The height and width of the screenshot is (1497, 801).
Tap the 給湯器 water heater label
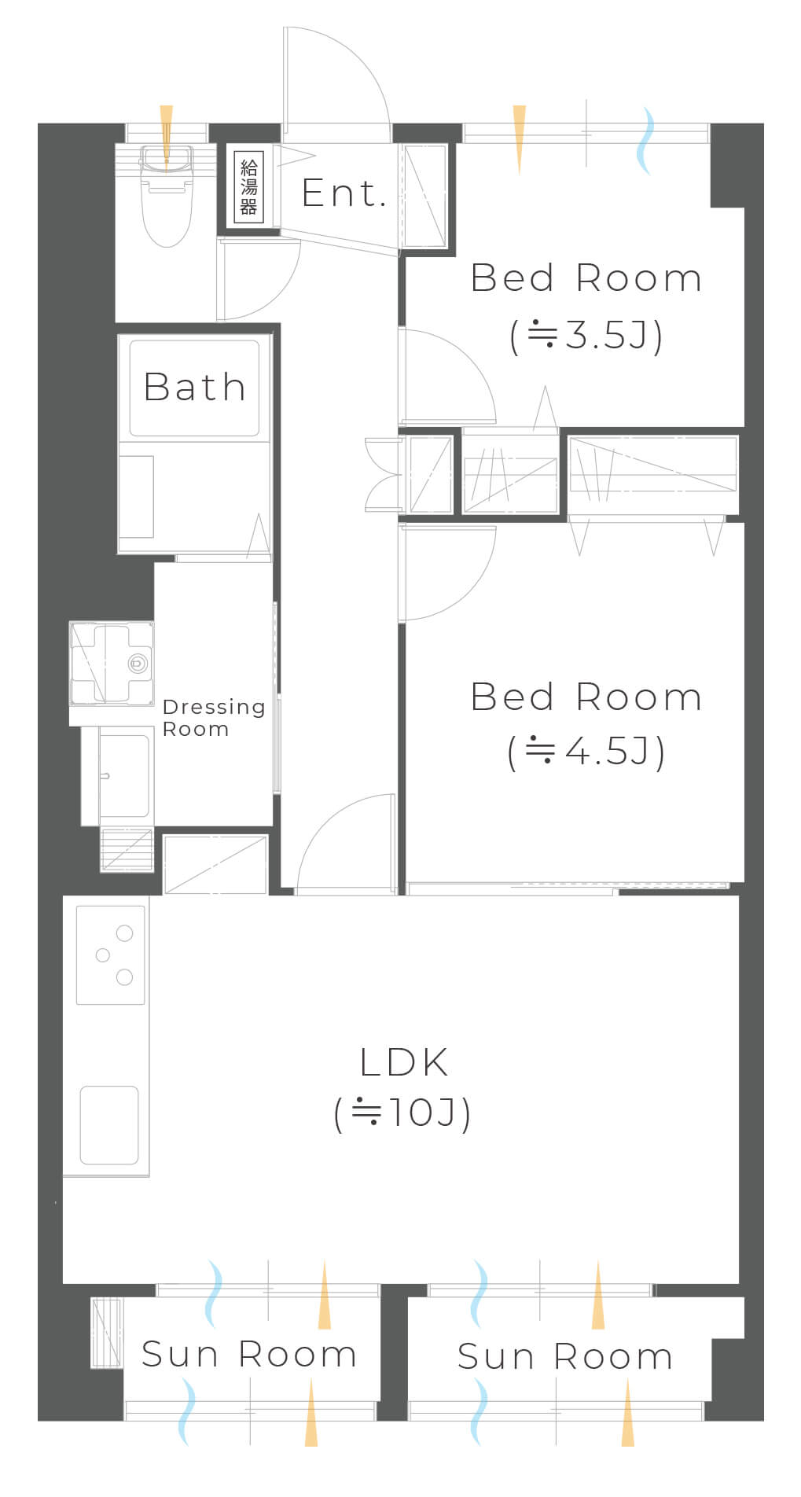click(x=249, y=187)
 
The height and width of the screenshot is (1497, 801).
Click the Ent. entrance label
click(x=344, y=193)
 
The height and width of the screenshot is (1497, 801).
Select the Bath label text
click(x=195, y=387)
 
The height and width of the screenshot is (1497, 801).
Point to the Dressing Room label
click(x=214, y=718)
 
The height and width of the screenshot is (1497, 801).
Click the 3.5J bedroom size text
click(x=586, y=336)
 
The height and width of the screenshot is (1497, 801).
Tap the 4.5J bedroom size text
click(x=586, y=752)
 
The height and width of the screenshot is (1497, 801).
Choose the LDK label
click(x=404, y=1062)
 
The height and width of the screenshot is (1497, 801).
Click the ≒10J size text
click(x=402, y=1113)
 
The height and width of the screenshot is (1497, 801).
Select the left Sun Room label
click(x=249, y=1354)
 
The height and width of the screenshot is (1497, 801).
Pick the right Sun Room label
click(x=565, y=1356)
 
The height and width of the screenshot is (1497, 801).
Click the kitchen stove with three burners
click(x=111, y=955)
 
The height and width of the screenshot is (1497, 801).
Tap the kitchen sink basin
click(x=109, y=1125)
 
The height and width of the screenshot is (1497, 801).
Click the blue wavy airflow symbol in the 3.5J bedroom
click(x=645, y=141)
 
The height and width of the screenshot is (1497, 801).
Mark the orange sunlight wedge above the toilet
click(x=166, y=138)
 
